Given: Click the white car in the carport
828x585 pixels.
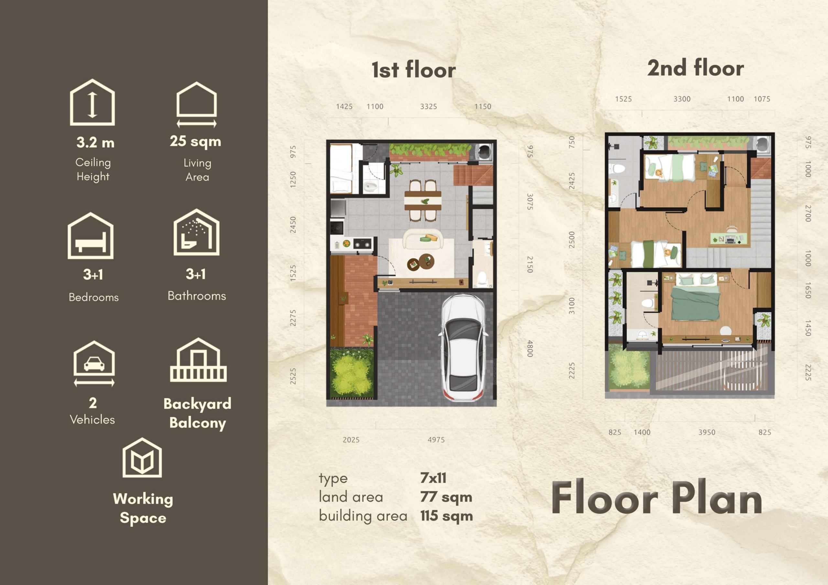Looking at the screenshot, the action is pos(463,348).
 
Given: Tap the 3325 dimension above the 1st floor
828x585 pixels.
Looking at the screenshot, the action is pos(429,107).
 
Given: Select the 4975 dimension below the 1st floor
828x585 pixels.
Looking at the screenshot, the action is pos(436,440).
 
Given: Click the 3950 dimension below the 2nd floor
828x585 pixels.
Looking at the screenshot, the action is pos(707,432).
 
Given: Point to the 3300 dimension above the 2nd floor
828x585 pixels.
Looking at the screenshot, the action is pos(682,99).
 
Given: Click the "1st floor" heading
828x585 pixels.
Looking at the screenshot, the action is pos(414,69).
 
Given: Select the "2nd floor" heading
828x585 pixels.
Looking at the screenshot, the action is pos(695,68).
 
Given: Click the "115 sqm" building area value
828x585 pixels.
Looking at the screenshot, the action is pos(446,516).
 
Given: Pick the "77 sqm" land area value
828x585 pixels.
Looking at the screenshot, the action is pos(446,497).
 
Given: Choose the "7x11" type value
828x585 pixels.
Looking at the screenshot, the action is pos(433,478).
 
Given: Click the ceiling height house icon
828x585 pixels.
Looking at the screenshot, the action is pos(92,102).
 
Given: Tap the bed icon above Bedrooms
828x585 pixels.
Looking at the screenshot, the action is pos(91,236).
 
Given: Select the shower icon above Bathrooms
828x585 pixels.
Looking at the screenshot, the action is pos(197,232).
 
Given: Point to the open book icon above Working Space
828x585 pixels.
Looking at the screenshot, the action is pos(142,458).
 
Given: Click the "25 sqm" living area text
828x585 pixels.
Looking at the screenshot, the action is pos(195,141).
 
